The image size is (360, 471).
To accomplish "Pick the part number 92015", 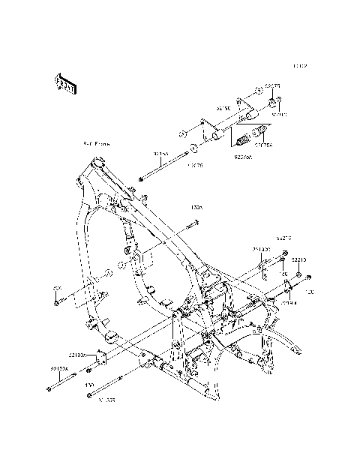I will point(280,115).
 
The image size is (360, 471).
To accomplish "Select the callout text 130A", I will point(196,207).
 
